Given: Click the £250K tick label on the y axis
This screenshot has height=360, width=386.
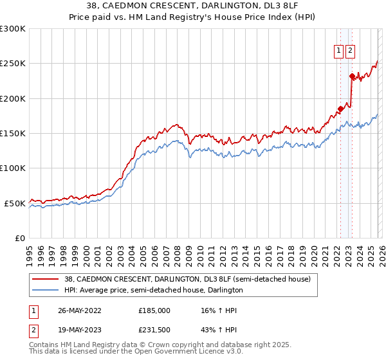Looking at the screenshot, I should click(13, 64).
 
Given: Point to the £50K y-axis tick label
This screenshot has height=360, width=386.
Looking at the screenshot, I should click(15, 203).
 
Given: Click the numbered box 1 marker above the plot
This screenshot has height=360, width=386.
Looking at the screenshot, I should click(338, 52).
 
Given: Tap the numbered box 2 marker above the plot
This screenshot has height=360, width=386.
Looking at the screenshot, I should click(350, 52).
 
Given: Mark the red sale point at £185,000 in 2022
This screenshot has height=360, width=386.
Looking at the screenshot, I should click(340, 109).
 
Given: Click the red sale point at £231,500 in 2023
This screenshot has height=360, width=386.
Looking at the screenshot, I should click(352, 76).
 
